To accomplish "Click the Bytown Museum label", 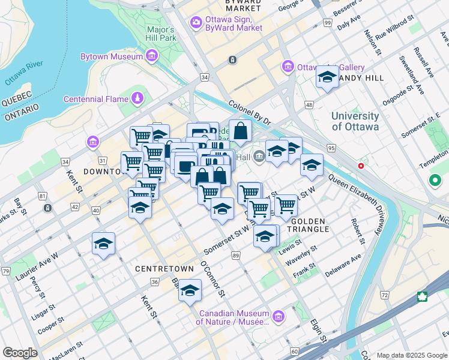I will tap(112, 57).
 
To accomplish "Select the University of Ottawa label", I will tap(355, 121).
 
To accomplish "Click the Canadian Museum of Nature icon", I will tap(278, 316).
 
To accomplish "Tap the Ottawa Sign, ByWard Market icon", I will tap(196, 23).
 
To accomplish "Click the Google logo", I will tap(20, 352).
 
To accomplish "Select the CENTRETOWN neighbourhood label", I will tap(164, 268).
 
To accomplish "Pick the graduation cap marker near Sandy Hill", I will tap(327, 77).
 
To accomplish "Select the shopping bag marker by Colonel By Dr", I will tap(240, 130).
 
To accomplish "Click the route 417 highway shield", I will tap(422, 296).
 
